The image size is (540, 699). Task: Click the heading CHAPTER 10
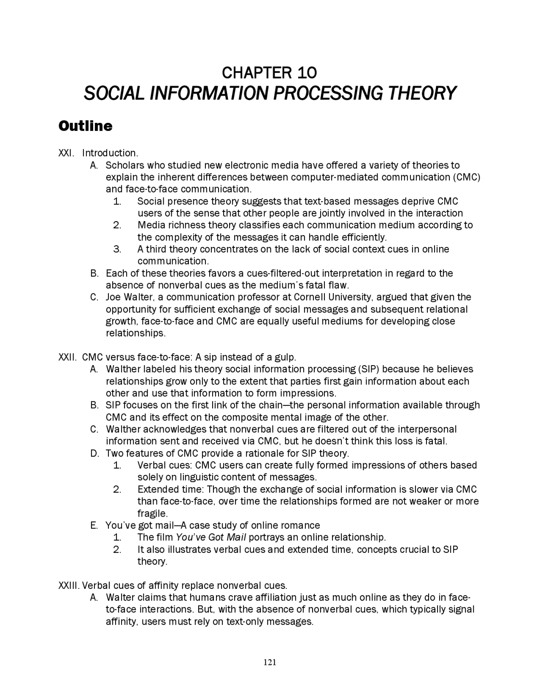click(269, 73)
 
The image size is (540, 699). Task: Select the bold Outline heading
click(86, 126)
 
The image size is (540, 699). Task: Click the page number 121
click(270, 662)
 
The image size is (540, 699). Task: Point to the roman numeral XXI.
click(65, 153)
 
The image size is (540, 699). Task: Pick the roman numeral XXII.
click(67, 357)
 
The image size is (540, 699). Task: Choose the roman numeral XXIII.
click(69, 585)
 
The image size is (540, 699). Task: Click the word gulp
click(286, 357)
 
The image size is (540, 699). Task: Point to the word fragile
click(152, 514)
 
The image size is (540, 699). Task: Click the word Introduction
click(110, 153)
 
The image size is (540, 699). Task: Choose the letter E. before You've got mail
click(94, 526)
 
